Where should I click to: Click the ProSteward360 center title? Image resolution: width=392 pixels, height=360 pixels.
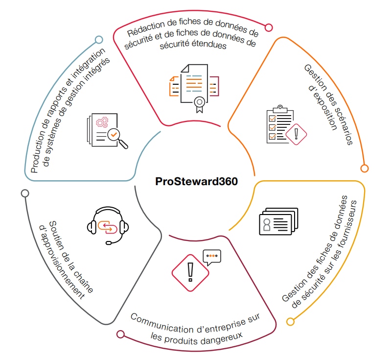coord(196,182)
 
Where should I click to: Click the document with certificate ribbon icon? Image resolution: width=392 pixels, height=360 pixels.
coord(193,86)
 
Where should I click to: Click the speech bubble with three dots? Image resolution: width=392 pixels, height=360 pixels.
coord(212,257)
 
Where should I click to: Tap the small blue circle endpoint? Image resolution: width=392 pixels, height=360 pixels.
coord(99,40)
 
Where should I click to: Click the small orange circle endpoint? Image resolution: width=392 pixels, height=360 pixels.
coord(364,168)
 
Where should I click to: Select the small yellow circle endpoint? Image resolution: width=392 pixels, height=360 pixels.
coord(290,322)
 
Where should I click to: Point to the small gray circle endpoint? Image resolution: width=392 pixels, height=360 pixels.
coord(25,193)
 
